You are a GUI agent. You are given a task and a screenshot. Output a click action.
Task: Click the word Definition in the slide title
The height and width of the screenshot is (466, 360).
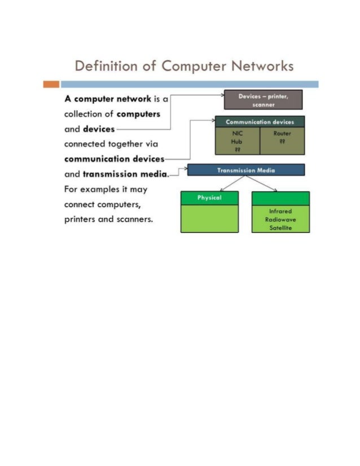102,67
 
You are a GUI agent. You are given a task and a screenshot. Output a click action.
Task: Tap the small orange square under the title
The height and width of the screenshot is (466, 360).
51,85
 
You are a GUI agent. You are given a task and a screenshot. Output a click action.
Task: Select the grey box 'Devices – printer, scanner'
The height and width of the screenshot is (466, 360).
264,100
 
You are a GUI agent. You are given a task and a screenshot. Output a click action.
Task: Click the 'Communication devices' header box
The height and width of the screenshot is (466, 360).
260,122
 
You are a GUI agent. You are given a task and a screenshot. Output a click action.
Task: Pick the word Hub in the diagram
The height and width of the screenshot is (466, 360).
237,142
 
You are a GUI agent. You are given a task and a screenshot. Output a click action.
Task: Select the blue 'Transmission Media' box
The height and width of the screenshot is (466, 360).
245,169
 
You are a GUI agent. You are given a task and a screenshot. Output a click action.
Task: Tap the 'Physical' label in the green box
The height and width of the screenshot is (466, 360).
209,198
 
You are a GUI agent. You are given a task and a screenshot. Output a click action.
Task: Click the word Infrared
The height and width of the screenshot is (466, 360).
280,212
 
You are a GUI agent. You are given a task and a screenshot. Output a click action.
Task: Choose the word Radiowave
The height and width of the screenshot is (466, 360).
280,220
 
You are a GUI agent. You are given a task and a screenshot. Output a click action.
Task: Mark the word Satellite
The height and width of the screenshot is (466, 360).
280,228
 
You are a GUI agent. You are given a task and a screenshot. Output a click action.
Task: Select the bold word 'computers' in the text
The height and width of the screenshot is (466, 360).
138,114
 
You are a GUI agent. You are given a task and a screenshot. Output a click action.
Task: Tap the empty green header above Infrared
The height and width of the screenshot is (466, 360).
280,198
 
